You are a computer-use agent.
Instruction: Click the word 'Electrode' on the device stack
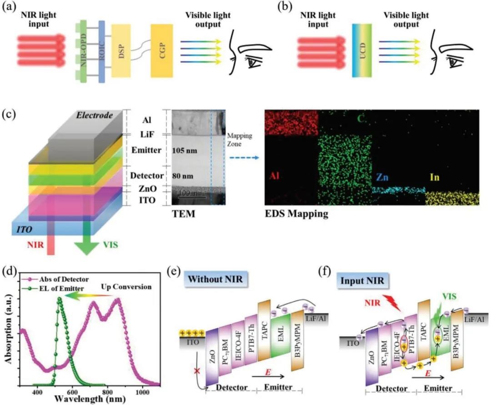point(93,116)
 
